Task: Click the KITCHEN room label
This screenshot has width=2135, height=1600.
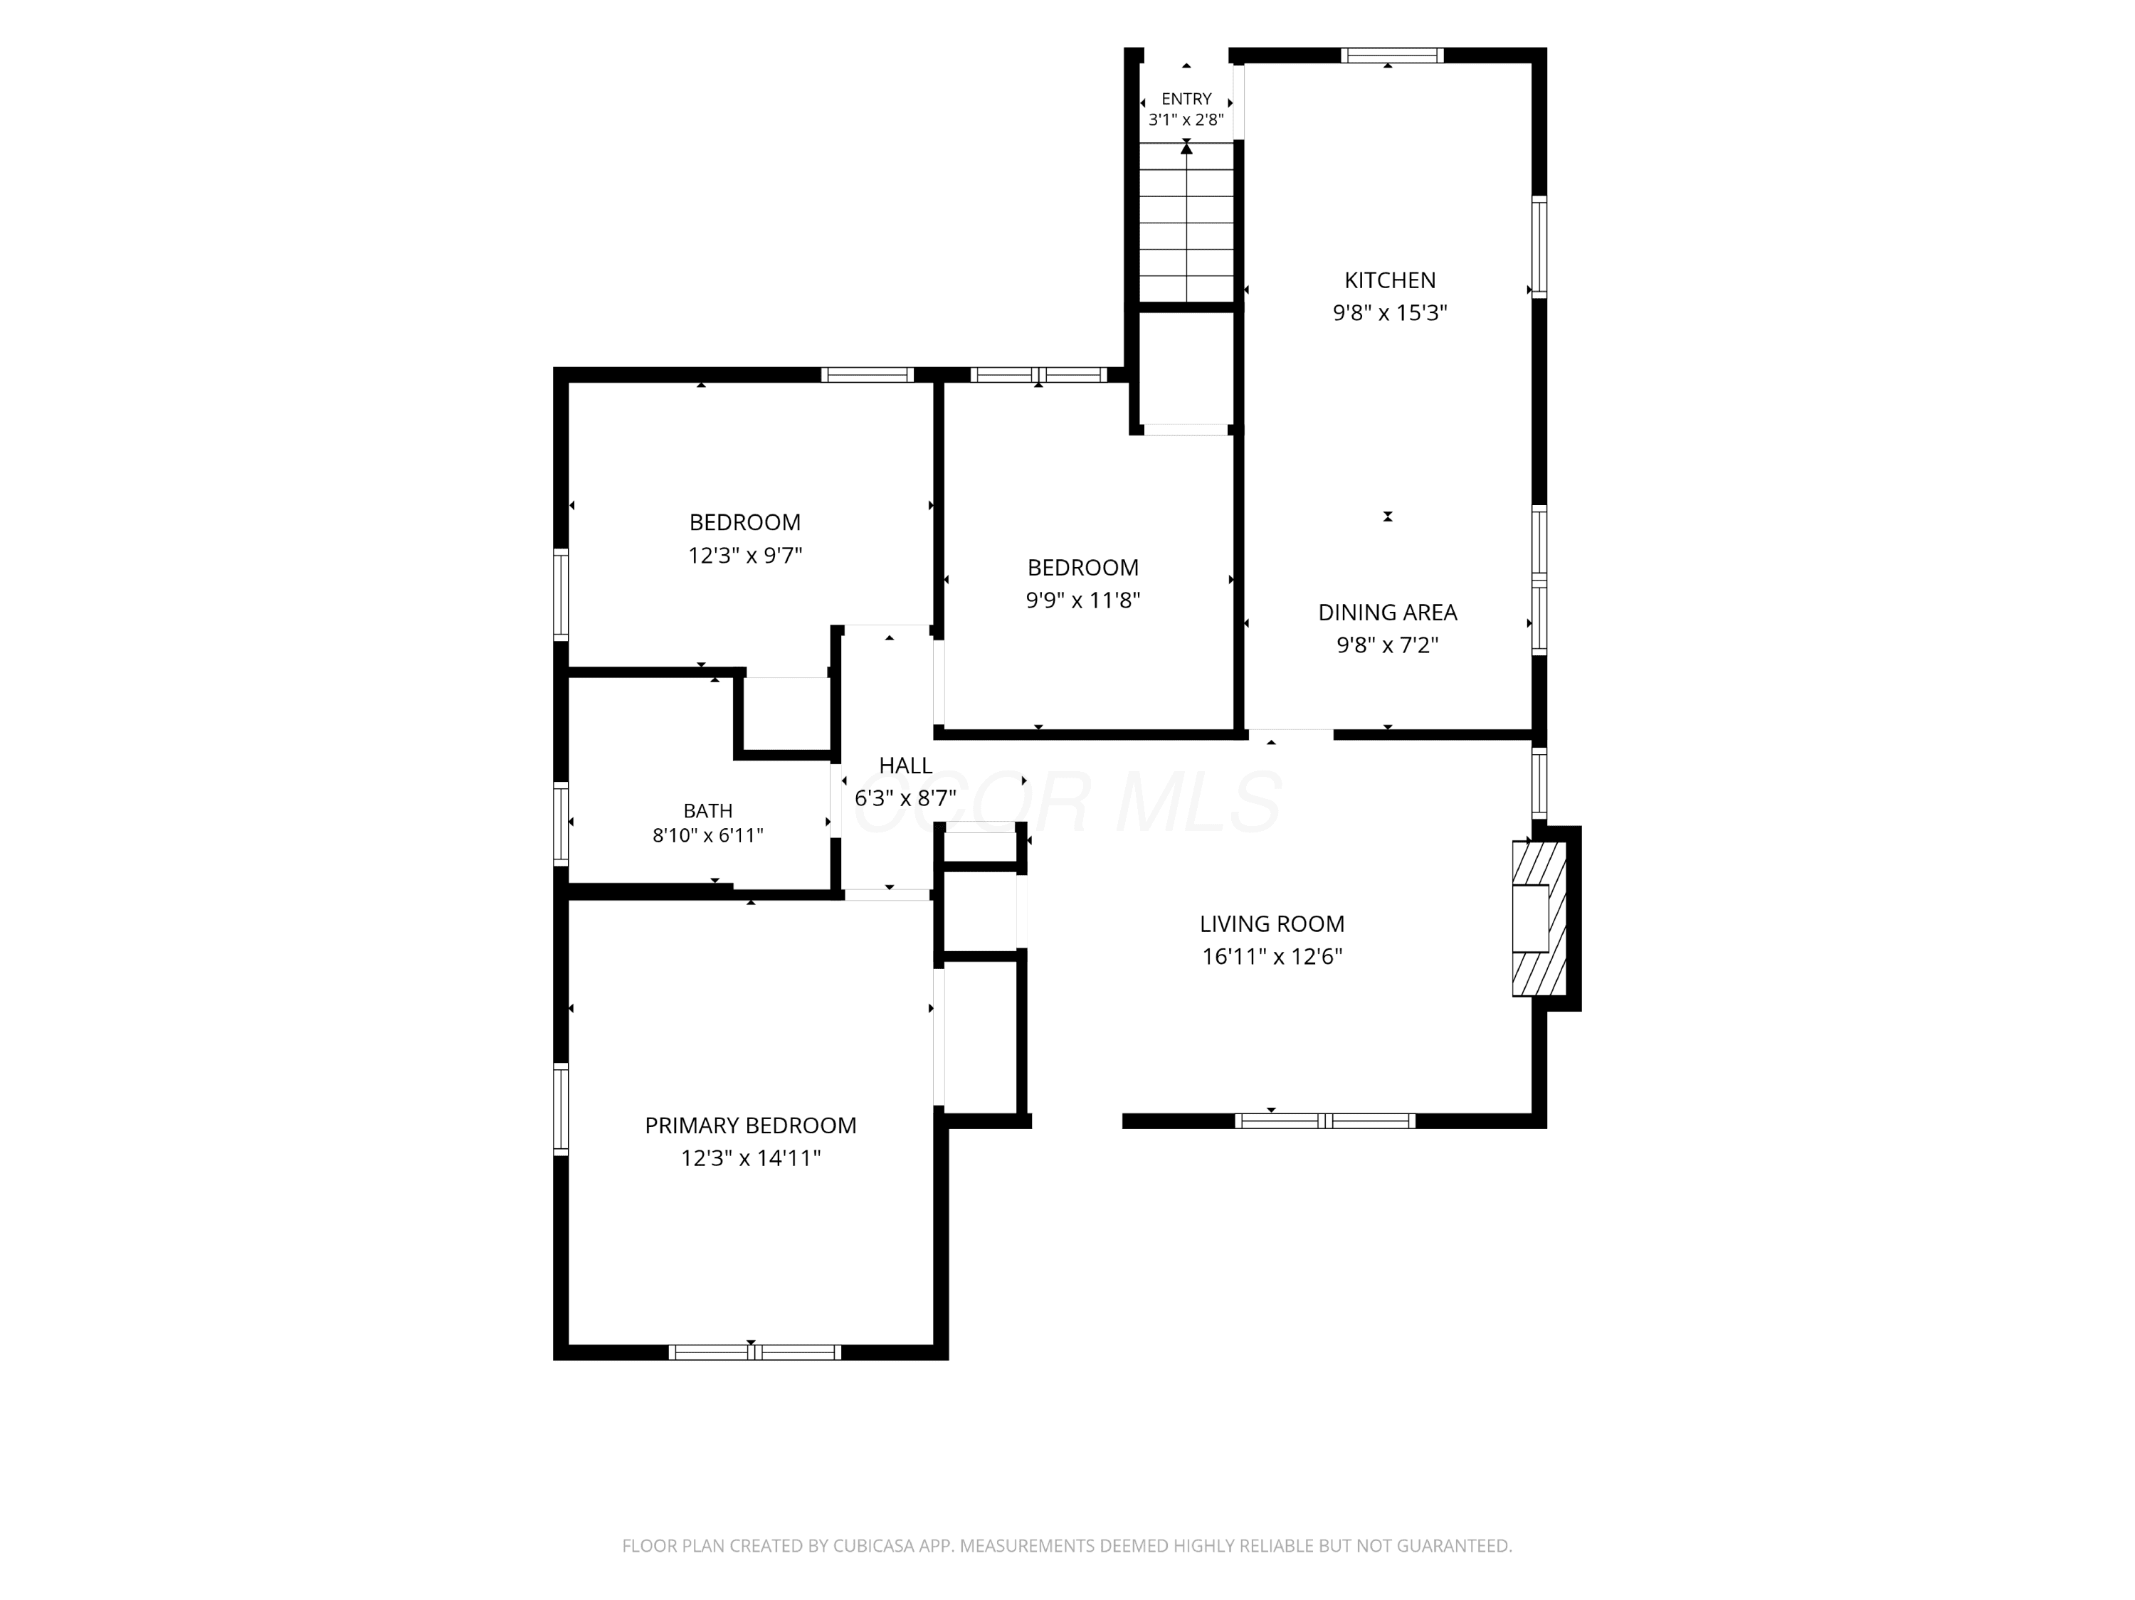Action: click(x=1390, y=280)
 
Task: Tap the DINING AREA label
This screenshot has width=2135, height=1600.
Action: click(x=1388, y=612)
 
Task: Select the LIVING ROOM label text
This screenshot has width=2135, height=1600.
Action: click(x=1272, y=923)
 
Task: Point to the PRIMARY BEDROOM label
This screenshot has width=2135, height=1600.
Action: click(x=751, y=1125)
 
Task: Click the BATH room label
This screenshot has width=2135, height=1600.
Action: click(x=708, y=810)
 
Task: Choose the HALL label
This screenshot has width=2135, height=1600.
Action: click(x=905, y=765)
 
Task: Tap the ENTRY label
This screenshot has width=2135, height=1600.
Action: click(x=1186, y=98)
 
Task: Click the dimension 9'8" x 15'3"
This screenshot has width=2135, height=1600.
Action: click(x=1390, y=312)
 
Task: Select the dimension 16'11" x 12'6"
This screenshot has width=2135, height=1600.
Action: click(x=1272, y=956)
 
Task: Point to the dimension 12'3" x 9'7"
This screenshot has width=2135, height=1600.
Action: click(x=745, y=556)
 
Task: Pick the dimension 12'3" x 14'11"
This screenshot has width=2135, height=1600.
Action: click(x=751, y=1158)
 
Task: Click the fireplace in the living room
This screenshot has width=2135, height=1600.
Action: click(x=1539, y=918)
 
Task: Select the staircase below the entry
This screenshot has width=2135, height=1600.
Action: click(x=1187, y=222)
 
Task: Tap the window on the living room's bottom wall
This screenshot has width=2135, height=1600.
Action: click(x=1325, y=1120)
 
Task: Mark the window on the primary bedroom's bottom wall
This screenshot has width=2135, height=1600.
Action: click(x=755, y=1352)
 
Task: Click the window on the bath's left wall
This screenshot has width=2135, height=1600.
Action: click(x=560, y=822)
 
